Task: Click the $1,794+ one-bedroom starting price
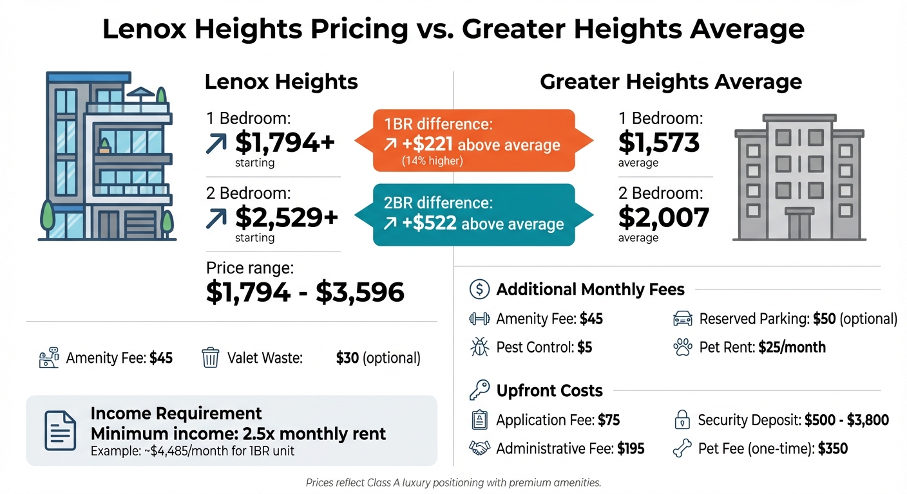pyautogui.click(x=285, y=142)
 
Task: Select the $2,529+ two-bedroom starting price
pyautogui.click(x=287, y=217)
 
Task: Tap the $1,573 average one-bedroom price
pyautogui.click(x=658, y=142)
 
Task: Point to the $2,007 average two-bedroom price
pyautogui.click(x=663, y=217)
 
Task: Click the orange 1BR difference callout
pyautogui.click(x=473, y=140)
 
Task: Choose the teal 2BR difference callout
pyautogui.click(x=473, y=215)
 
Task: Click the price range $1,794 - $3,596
pyautogui.click(x=305, y=292)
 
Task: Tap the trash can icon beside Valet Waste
pyautogui.click(x=211, y=358)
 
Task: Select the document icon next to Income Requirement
pyautogui.click(x=59, y=430)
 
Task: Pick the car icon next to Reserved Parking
pyautogui.click(x=682, y=319)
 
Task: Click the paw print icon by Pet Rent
pyautogui.click(x=682, y=347)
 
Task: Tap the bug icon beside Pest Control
pyautogui.click(x=480, y=347)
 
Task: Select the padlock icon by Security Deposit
pyautogui.click(x=682, y=421)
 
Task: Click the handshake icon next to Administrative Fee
pyautogui.click(x=480, y=449)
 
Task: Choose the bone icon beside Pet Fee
pyautogui.click(x=682, y=449)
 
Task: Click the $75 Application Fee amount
pyautogui.click(x=608, y=421)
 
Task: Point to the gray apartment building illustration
pyautogui.click(x=799, y=176)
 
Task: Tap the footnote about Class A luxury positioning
pyautogui.click(x=453, y=482)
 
